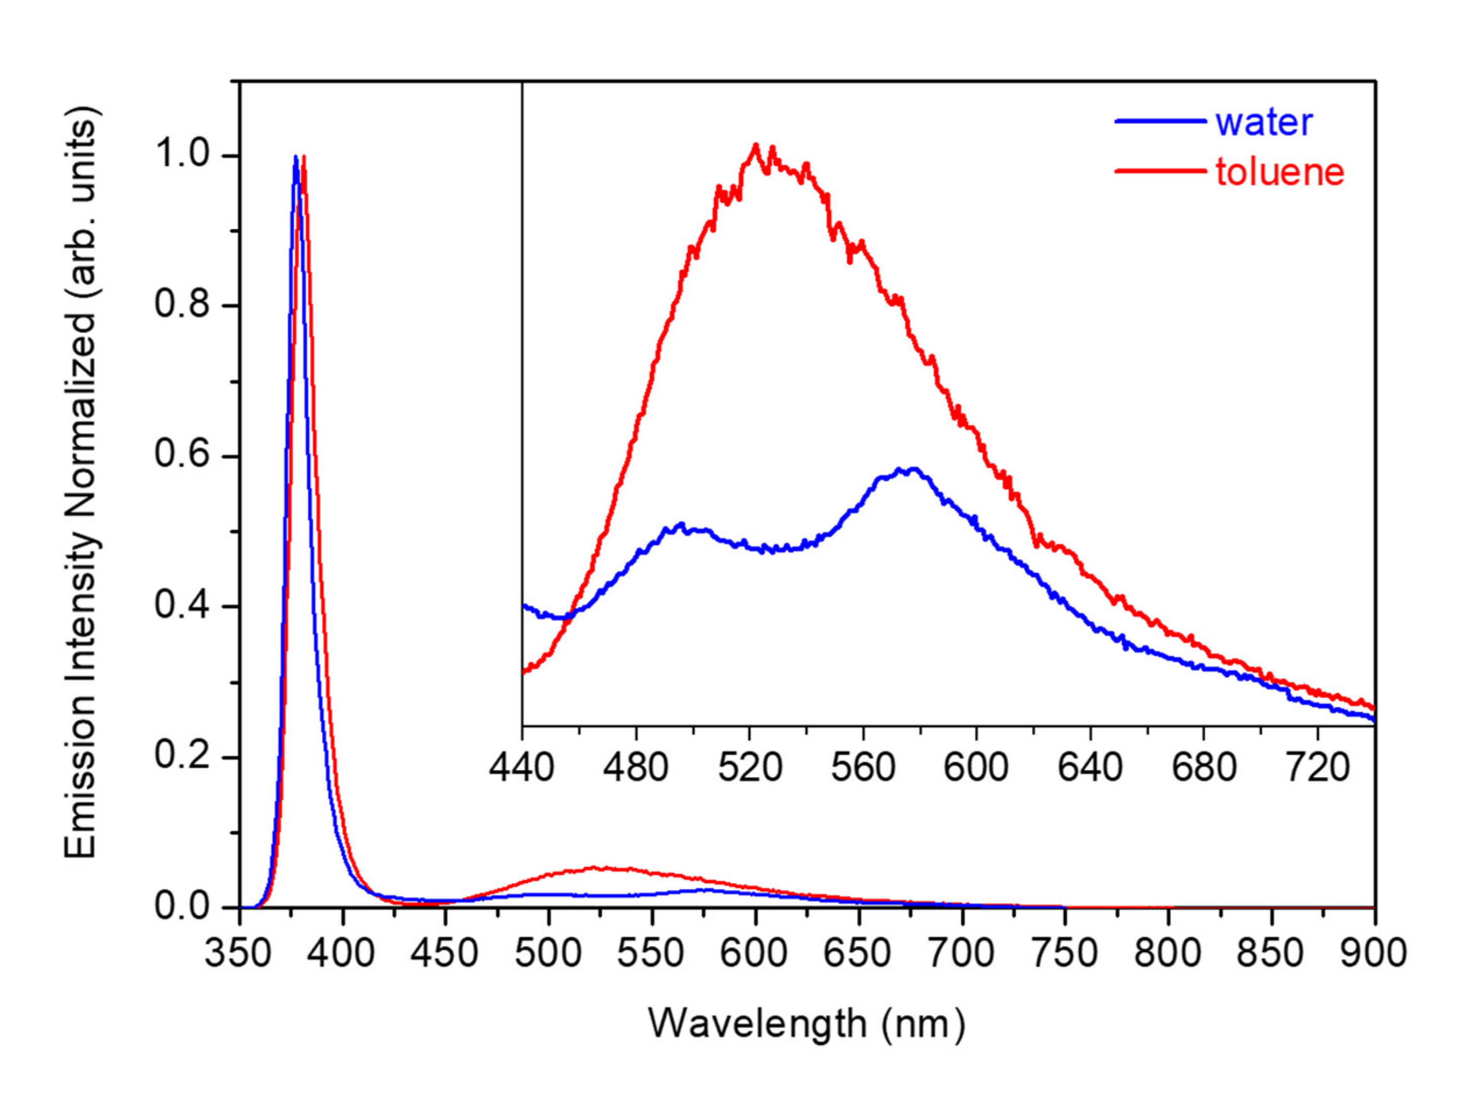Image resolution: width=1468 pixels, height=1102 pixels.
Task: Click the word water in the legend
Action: pos(1263,123)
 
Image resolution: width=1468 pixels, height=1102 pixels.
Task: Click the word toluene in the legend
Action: pos(1279,172)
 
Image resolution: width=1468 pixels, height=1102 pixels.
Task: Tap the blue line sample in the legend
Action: pos(1159,121)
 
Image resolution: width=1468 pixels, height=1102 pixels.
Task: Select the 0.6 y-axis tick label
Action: pos(182,456)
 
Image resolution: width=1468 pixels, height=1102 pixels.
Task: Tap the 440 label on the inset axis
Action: pos(522,768)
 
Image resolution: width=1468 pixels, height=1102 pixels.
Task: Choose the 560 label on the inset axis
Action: pos(863,768)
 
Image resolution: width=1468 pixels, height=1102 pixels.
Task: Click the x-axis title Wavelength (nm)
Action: pos(806,1024)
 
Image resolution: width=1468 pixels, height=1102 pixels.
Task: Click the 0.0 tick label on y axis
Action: pos(182,906)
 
